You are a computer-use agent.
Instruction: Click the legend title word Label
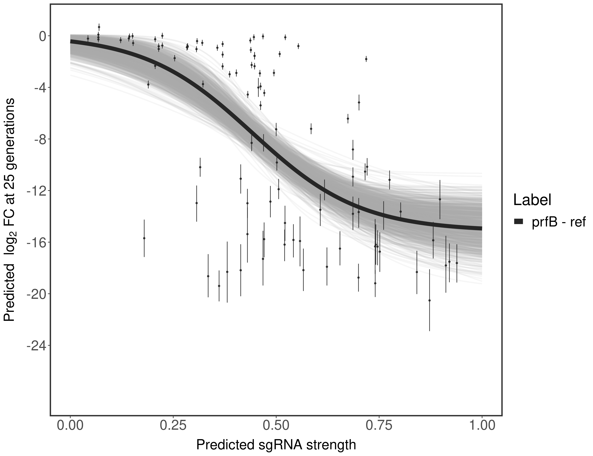point(532,200)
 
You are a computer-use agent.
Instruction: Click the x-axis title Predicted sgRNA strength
point(276,445)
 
